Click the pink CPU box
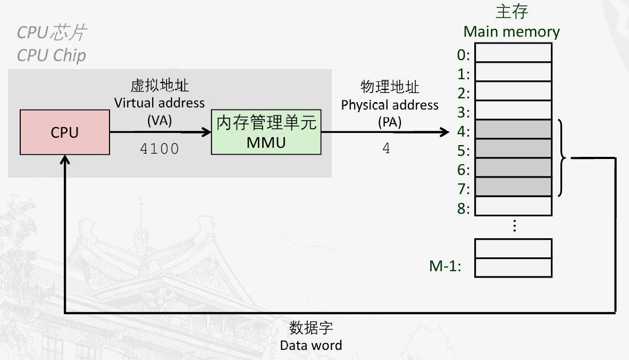click(x=65, y=132)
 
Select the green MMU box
click(x=266, y=132)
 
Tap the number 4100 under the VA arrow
click(x=160, y=149)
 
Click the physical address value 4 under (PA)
click(x=387, y=148)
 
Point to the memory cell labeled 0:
click(x=513, y=53)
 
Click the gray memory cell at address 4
click(x=513, y=129)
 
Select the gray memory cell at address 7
click(x=513, y=187)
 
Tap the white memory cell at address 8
click(x=513, y=206)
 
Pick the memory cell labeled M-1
click(x=513, y=267)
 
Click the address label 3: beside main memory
click(x=464, y=112)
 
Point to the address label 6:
click(x=464, y=170)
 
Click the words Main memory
click(x=511, y=32)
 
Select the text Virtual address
click(x=160, y=103)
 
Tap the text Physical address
click(x=390, y=105)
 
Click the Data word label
click(x=311, y=345)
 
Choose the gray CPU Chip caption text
click(x=51, y=55)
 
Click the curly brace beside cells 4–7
click(x=563, y=157)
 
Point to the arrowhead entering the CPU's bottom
click(x=65, y=159)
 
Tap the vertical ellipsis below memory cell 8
click(x=514, y=227)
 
